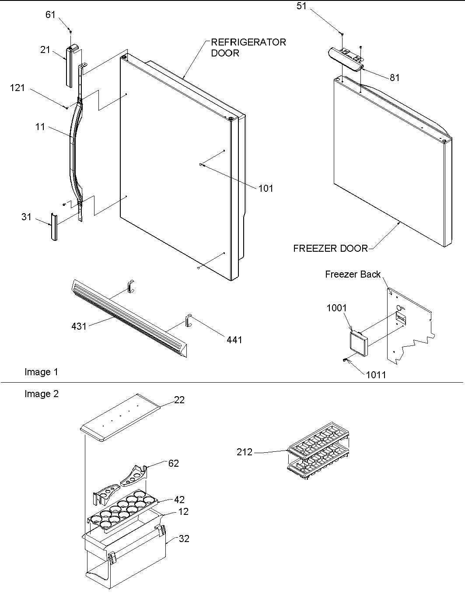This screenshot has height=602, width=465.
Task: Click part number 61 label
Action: pyautogui.click(x=50, y=14)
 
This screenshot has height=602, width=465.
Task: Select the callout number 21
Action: pyautogui.click(x=45, y=50)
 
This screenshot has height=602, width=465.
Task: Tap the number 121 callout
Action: pyautogui.click(x=17, y=88)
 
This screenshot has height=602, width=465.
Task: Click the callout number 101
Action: pyautogui.click(x=266, y=188)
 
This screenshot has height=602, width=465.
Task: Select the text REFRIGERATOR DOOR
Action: pyautogui.click(x=248, y=47)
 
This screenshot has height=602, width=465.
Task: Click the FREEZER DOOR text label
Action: pyautogui.click(x=330, y=248)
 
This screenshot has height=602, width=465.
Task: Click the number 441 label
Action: pyautogui.click(x=234, y=339)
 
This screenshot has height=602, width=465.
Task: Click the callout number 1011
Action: pyautogui.click(x=376, y=375)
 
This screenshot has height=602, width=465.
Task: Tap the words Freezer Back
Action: pyautogui.click(x=353, y=274)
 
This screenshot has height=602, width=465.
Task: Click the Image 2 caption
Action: pyautogui.click(x=42, y=394)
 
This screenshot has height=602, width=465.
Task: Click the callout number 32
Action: pyautogui.click(x=184, y=539)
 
